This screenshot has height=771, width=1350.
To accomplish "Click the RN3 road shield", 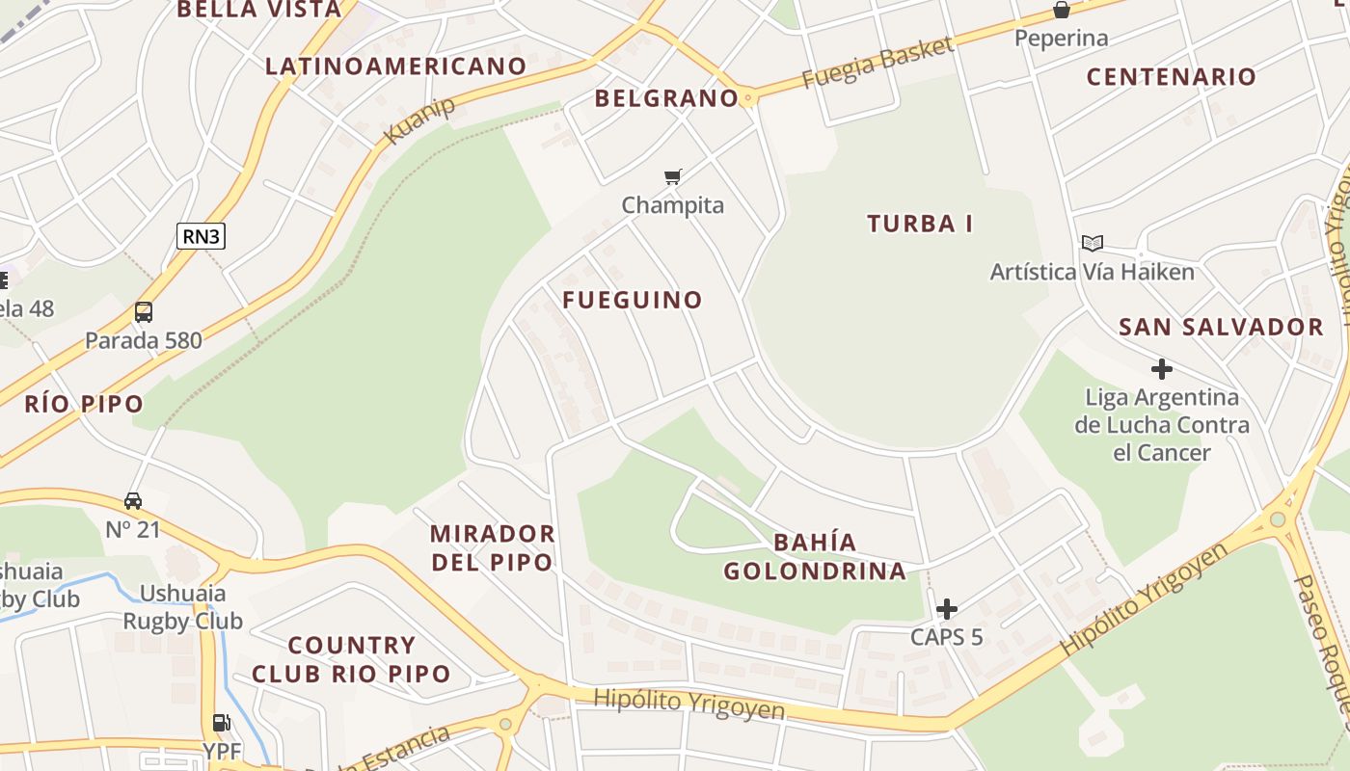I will click(201, 236).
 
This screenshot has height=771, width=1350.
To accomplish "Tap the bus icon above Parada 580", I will click(144, 312).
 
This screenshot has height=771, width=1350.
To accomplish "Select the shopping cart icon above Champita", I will click(673, 176).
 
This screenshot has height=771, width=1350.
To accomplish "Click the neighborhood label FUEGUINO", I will click(633, 300).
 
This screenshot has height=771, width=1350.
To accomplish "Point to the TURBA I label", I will click(920, 225).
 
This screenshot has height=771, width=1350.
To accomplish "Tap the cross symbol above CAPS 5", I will click(947, 608).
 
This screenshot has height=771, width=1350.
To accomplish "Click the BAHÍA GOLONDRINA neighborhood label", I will click(815, 557).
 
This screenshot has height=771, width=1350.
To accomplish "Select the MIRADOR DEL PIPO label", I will click(492, 547).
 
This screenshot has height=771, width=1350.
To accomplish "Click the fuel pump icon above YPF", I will click(222, 723).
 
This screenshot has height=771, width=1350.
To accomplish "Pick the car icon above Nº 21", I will click(133, 501).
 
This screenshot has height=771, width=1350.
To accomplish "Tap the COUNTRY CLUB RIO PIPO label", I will click(351, 659).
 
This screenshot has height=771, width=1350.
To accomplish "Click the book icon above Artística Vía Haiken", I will click(1092, 243).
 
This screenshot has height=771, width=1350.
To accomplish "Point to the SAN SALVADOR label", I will click(1221, 328).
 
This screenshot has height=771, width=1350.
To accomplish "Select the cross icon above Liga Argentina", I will click(1162, 369).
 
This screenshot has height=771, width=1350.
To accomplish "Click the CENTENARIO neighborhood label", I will click(1171, 77).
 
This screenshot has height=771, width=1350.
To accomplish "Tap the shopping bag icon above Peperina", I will click(1061, 11).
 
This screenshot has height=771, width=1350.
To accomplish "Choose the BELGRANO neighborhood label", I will click(666, 98).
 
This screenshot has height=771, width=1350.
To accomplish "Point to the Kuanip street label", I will click(419, 120).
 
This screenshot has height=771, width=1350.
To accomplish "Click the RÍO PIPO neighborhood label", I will click(84, 404).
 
